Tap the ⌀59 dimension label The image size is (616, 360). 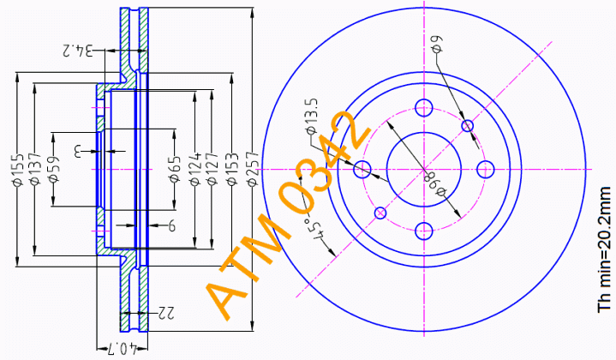pos(53,169)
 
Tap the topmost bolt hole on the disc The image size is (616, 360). pos(423,107)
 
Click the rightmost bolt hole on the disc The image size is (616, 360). pos(484,168)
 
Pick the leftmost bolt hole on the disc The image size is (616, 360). pos(362,168)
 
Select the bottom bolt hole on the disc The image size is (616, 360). pos(423,230)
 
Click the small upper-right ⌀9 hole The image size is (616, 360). pos(468,127)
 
